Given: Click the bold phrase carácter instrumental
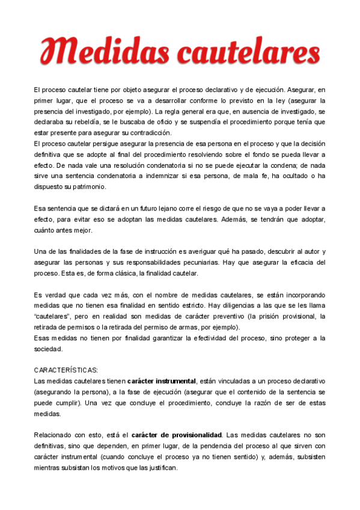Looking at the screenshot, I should click(162, 381).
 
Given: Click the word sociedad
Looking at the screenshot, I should click(49, 349).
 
